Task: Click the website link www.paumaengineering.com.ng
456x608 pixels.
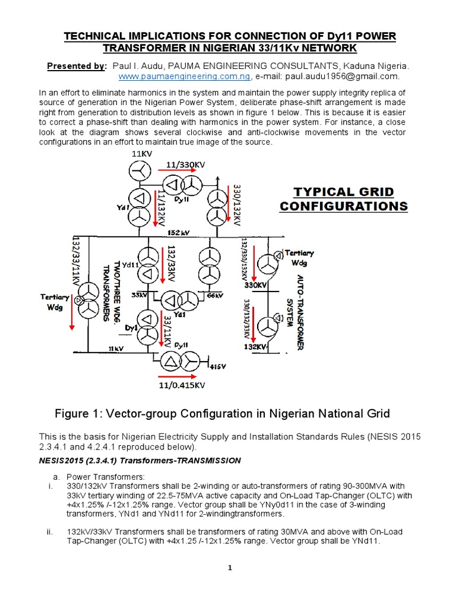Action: pyautogui.click(x=185, y=77)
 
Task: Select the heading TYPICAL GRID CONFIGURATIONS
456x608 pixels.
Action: pyautogui.click(x=344, y=199)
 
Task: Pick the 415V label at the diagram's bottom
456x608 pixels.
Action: pyautogui.click(x=217, y=366)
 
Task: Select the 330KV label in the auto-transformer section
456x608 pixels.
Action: pyautogui.click(x=255, y=285)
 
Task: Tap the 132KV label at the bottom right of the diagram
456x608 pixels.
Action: pyautogui.click(x=255, y=346)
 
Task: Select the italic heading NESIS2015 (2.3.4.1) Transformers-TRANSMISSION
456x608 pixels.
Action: pyautogui.click(x=140, y=460)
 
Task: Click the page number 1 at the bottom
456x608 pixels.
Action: pyautogui.click(x=229, y=568)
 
